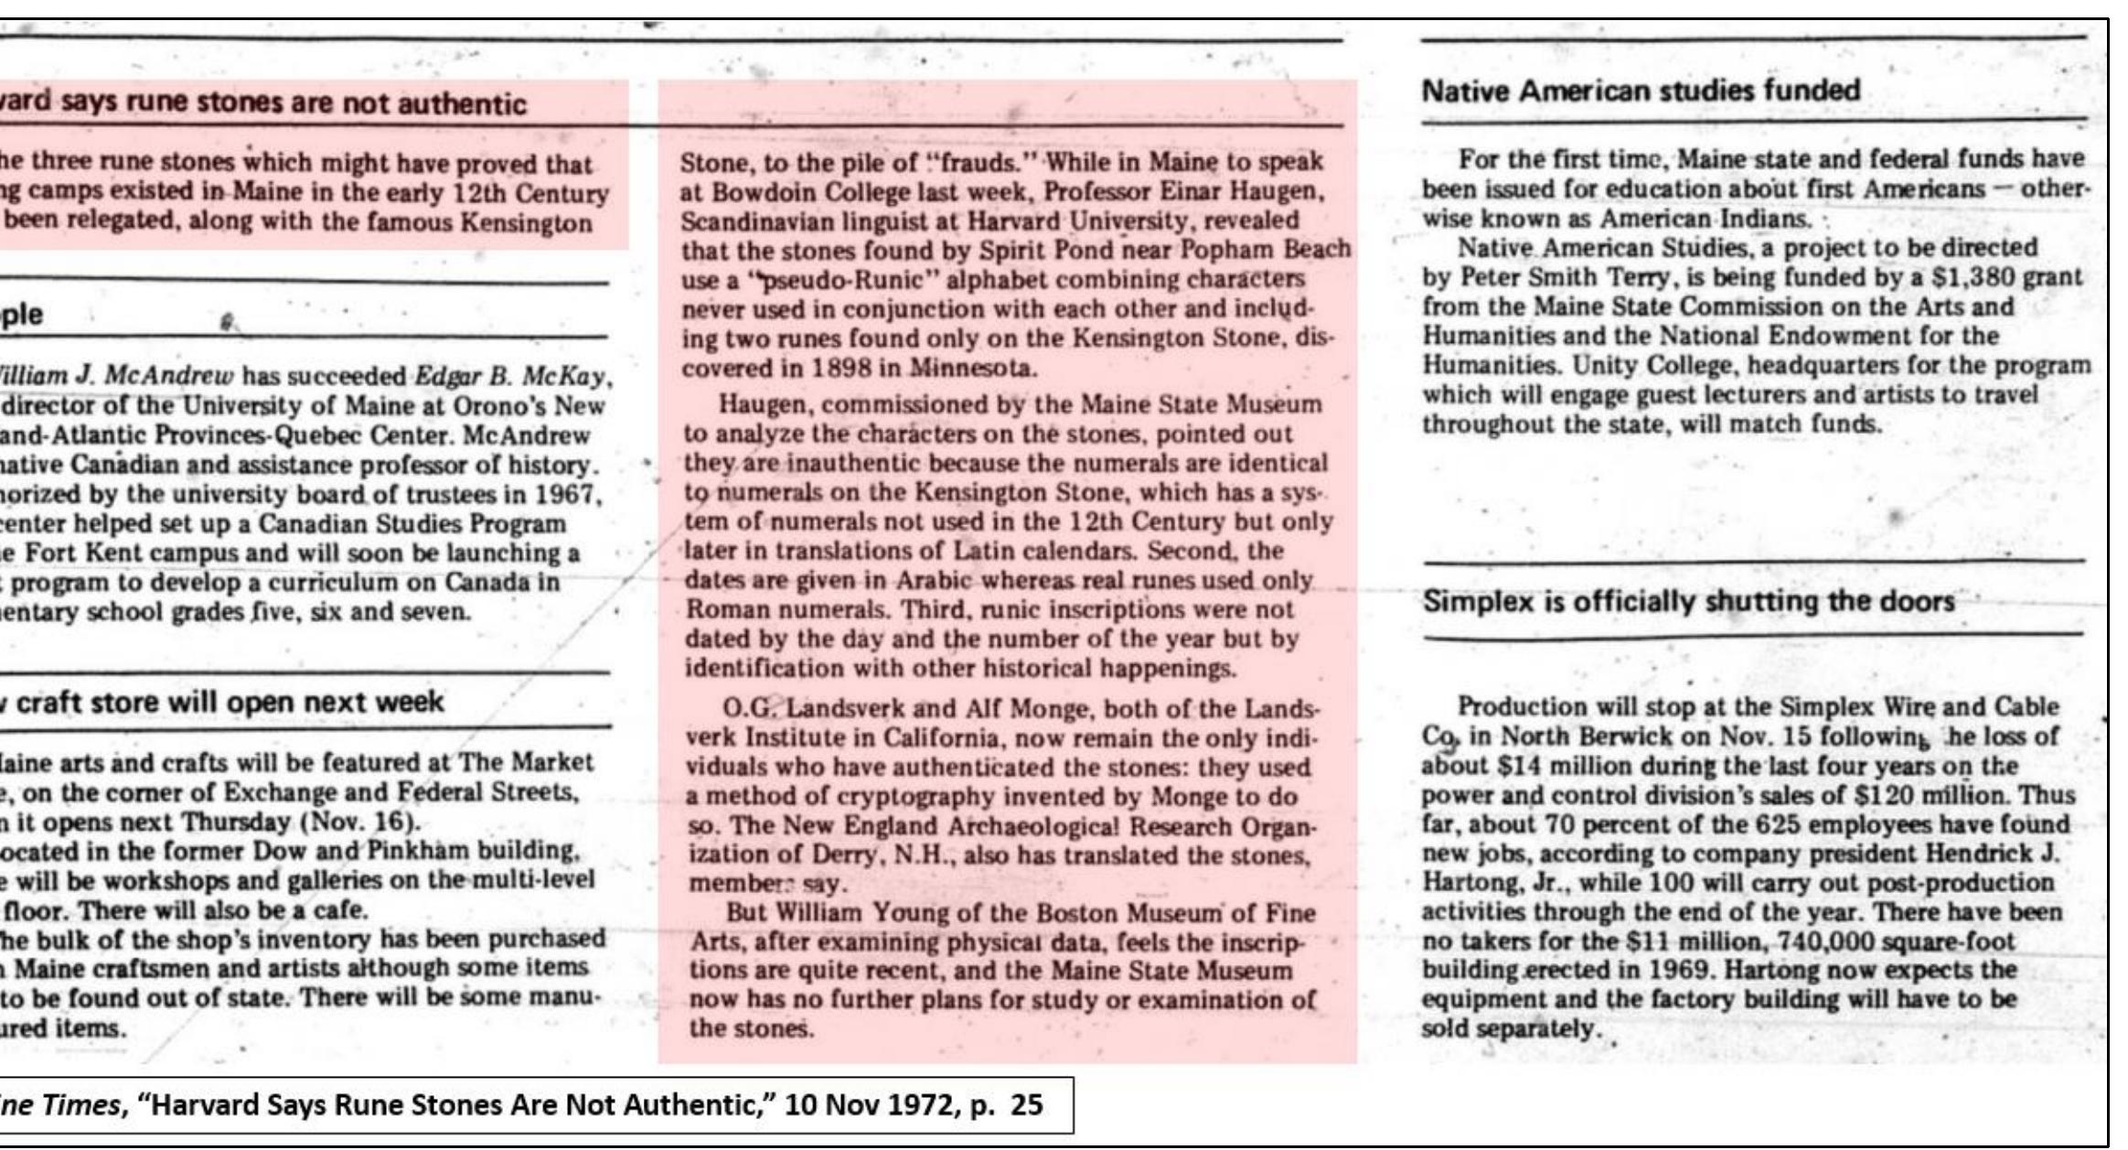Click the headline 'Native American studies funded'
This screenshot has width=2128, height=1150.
pos(1641,91)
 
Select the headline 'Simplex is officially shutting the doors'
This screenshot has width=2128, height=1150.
pos(1688,602)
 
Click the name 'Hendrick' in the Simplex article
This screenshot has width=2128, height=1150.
pos(1977,854)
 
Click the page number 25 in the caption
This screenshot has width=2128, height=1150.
pos(1026,1105)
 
